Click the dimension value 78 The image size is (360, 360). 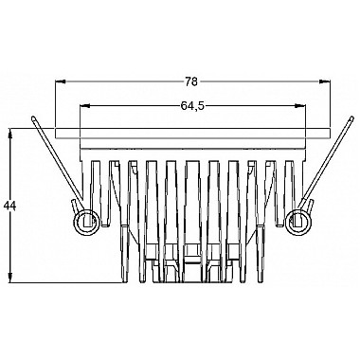click(x=191, y=81)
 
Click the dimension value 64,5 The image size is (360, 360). click(x=192, y=106)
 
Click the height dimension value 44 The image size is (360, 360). click(x=9, y=206)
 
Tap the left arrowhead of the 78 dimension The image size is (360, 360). click(x=61, y=81)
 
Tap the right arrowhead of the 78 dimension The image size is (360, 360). click(x=325, y=81)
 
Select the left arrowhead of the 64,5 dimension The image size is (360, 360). click(x=85, y=106)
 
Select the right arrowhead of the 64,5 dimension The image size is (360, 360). click(x=300, y=106)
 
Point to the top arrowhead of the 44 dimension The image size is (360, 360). click(x=10, y=134)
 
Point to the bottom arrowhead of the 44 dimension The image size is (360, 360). click(x=10, y=278)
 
